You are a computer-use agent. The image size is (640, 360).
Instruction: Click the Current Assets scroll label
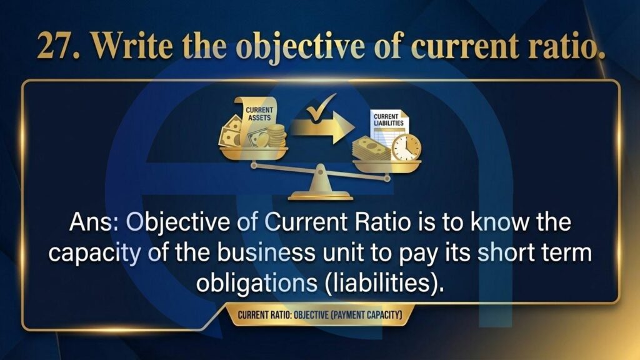pyautogui.click(x=259, y=114)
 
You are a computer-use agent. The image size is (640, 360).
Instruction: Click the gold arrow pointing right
pyautogui.click(x=322, y=127)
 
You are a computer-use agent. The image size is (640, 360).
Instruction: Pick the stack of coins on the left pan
pyautogui.click(x=276, y=136)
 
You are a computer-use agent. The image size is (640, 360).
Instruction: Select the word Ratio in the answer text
pyautogui.click(x=382, y=222)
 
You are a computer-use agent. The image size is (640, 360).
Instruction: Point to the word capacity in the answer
pyautogui.click(x=94, y=254)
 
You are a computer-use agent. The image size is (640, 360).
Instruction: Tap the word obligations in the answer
pyautogui.click(x=257, y=283)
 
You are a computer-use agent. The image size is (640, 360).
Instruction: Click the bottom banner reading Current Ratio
pyautogui.click(x=320, y=315)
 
